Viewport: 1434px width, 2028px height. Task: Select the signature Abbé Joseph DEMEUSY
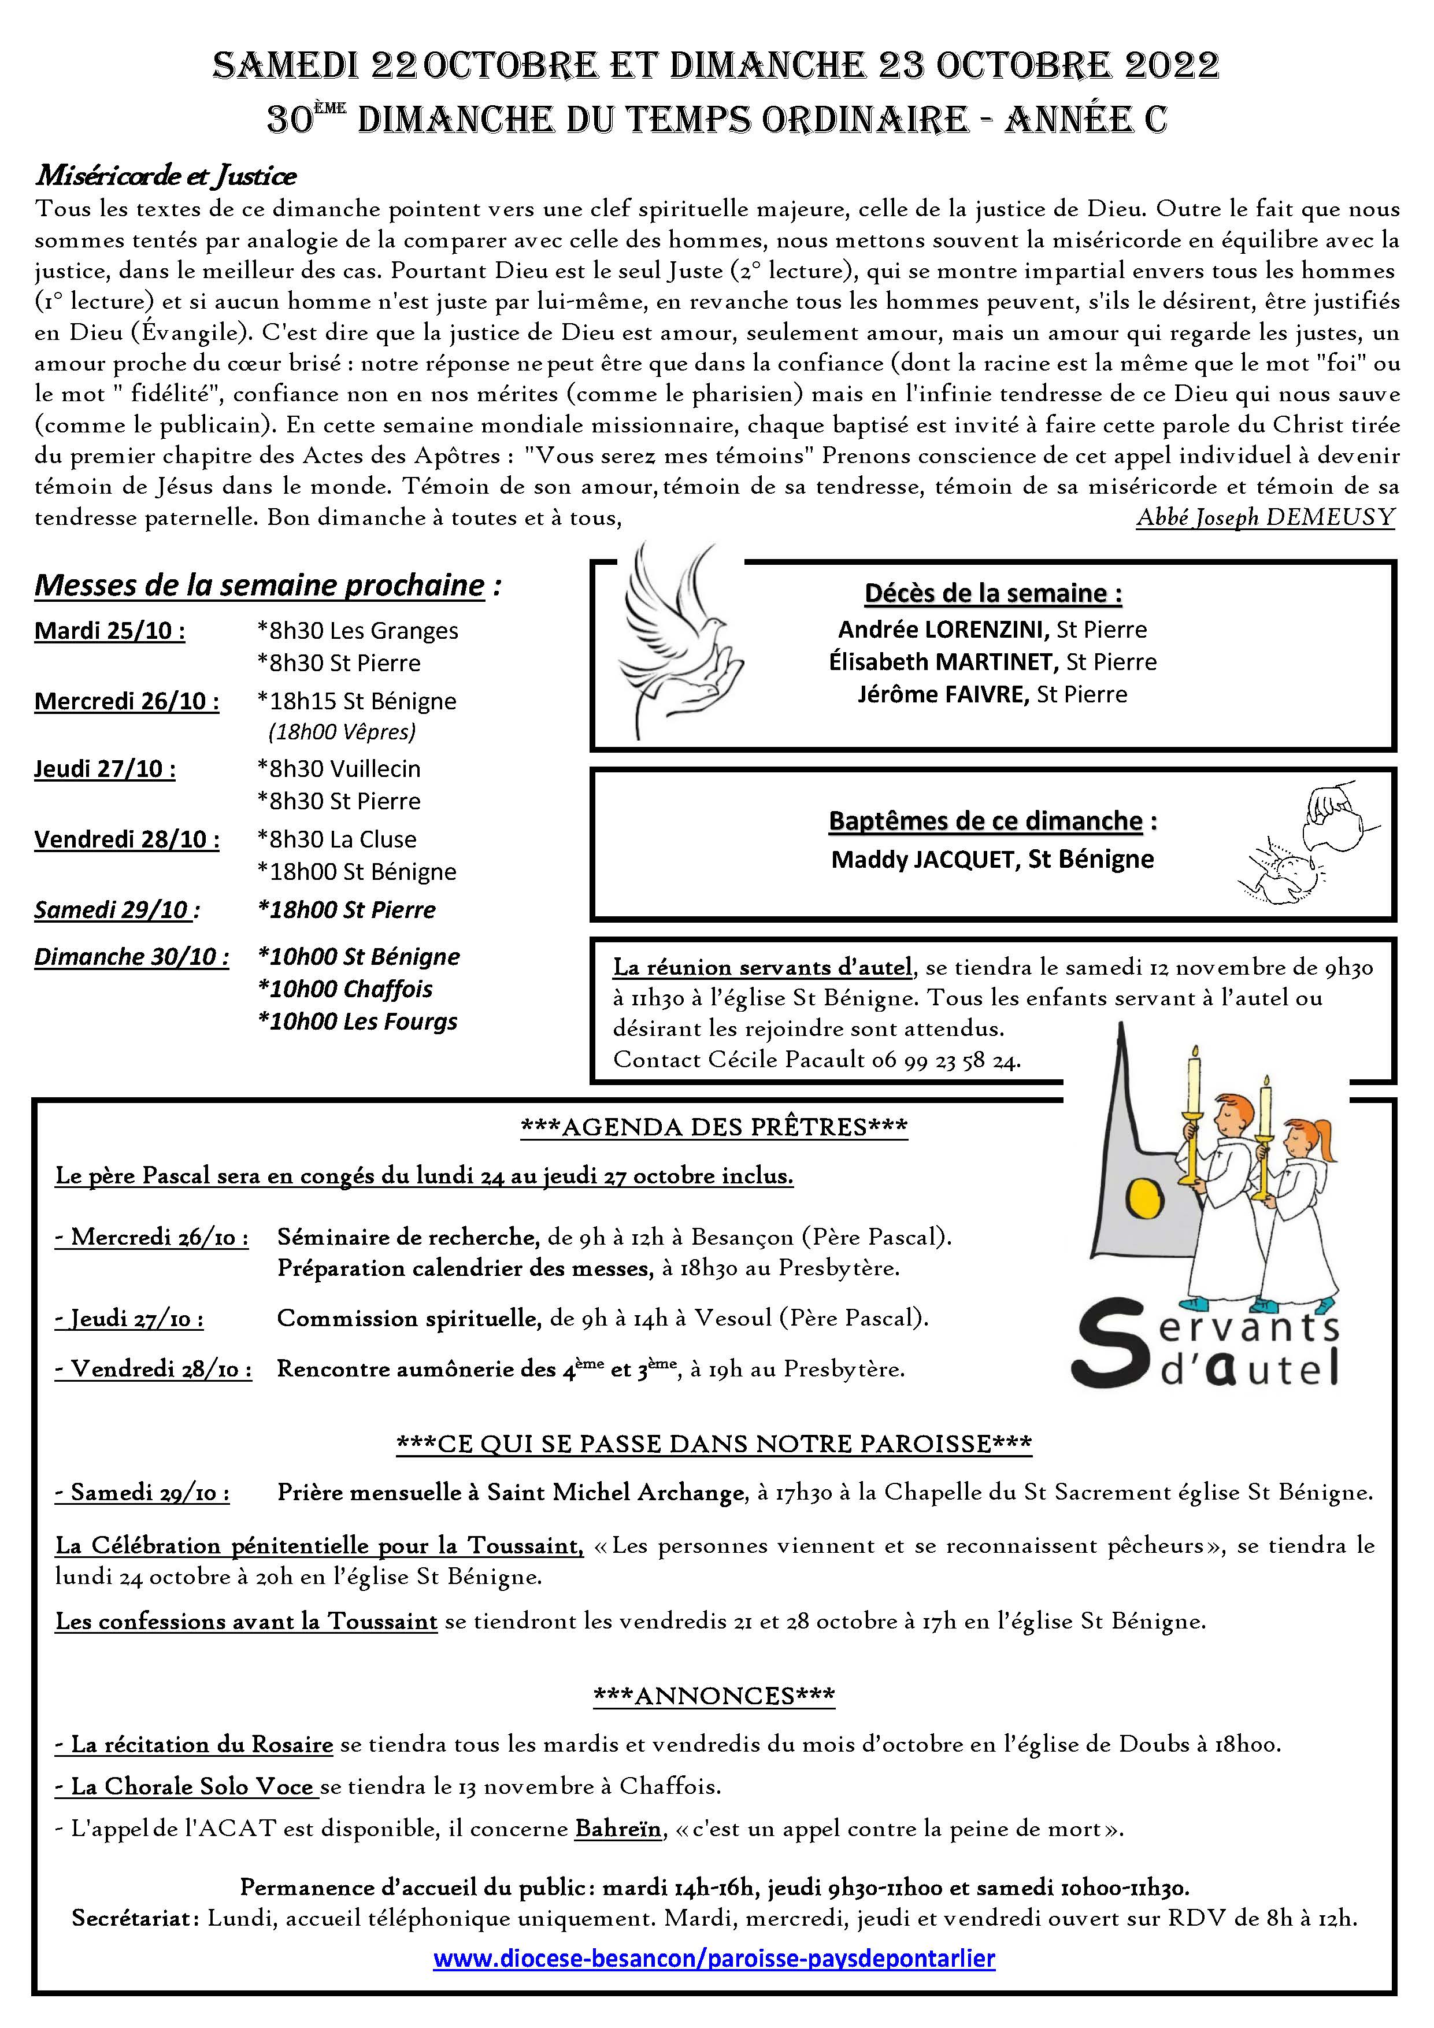coord(1265,517)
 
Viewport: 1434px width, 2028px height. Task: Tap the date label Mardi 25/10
coord(109,631)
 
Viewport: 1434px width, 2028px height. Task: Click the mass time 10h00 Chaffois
coord(344,989)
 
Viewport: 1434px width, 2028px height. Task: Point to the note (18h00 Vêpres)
coord(342,731)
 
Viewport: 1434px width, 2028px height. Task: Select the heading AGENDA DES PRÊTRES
coord(713,1127)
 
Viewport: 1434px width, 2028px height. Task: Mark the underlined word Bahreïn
coord(617,1829)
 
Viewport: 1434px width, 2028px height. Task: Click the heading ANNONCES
coord(713,1696)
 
